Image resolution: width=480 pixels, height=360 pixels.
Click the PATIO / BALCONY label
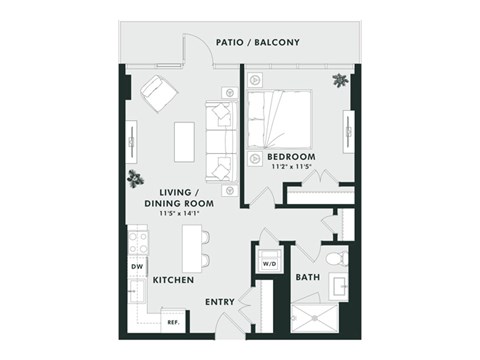[x=258, y=42]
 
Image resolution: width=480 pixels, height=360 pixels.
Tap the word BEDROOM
[x=291, y=157]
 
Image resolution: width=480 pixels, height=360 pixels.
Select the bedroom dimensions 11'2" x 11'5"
[x=291, y=168]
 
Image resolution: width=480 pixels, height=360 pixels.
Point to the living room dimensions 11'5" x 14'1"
[x=180, y=212]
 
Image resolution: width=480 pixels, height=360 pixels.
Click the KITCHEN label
[x=172, y=281]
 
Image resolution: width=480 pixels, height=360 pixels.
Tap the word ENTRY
[x=220, y=301]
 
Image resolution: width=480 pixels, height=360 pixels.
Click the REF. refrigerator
[x=173, y=322]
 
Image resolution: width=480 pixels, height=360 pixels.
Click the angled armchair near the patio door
[x=158, y=93]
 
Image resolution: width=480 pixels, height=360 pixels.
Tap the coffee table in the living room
[x=184, y=140]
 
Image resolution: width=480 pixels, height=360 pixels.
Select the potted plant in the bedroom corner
[x=341, y=80]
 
